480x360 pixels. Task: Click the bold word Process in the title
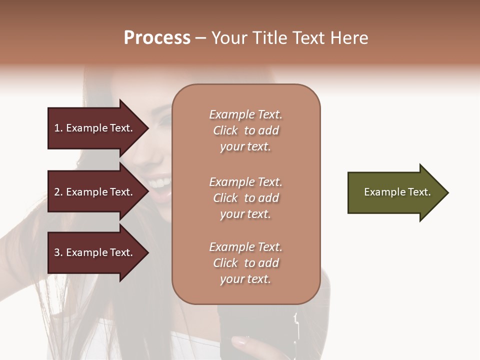click(x=157, y=38)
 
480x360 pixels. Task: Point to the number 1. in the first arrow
click(x=58, y=128)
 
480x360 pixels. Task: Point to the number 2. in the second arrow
click(x=58, y=192)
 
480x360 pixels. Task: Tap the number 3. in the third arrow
click(x=58, y=252)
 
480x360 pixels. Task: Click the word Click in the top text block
click(x=225, y=130)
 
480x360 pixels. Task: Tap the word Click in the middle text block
click(x=225, y=198)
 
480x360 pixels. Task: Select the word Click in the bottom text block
click(x=225, y=263)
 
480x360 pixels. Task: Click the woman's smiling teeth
click(x=161, y=181)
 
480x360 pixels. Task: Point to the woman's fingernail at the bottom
click(x=239, y=342)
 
